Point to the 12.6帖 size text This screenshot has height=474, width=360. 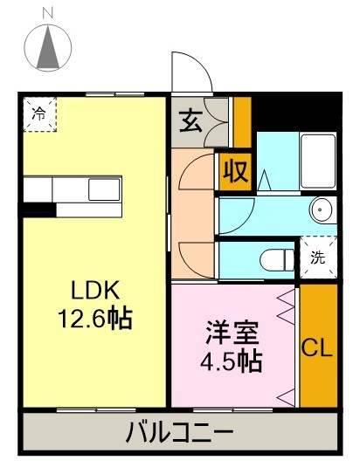tap(95, 319)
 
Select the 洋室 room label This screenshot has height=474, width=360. tap(235, 333)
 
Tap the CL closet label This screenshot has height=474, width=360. tap(317, 348)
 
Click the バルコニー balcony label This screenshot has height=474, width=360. tap(180, 432)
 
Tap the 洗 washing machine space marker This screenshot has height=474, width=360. tap(317, 258)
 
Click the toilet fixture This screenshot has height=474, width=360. tap(278, 259)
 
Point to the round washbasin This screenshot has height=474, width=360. tap(322, 210)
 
